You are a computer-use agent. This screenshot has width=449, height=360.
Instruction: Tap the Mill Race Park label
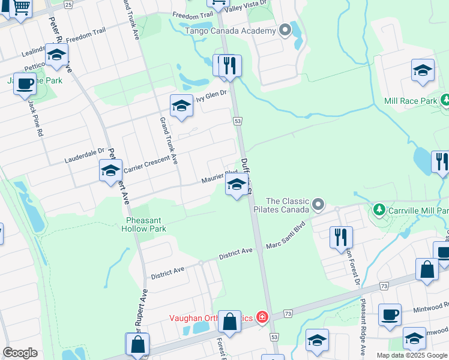[x=411, y=101]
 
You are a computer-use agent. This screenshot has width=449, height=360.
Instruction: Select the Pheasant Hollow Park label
[x=143, y=224]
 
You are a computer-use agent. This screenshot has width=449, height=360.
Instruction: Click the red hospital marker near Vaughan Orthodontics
[x=262, y=317]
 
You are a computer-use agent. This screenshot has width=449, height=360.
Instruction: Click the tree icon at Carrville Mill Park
[x=379, y=210]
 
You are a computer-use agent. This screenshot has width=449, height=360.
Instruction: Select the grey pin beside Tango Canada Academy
[x=286, y=29]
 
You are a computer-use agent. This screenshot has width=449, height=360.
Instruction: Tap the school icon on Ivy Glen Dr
[x=181, y=106]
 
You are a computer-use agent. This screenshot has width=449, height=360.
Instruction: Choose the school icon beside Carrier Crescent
[x=110, y=171]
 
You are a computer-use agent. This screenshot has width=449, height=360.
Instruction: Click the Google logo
[x=20, y=353]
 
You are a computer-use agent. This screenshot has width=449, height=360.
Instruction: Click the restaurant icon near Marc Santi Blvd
[x=341, y=236]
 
